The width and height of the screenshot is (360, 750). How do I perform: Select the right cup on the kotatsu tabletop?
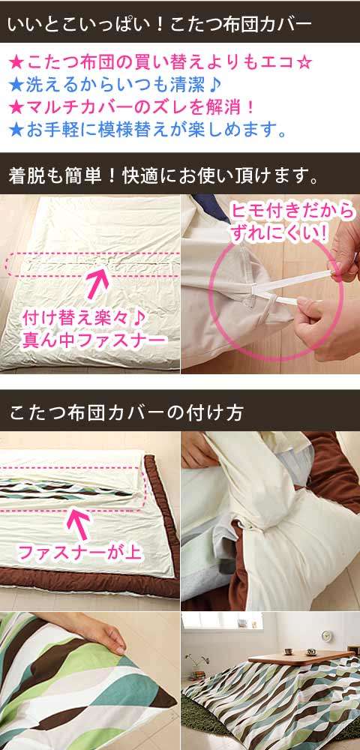tap(310, 652)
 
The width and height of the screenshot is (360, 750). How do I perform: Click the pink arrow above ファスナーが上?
tap(79, 523)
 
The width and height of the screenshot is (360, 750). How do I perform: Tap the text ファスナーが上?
tap(79, 553)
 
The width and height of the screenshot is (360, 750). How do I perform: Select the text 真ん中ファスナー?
tap(94, 340)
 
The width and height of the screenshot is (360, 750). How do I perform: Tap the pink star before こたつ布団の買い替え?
tap(16, 62)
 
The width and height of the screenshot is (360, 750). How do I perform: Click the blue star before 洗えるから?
tap(16, 85)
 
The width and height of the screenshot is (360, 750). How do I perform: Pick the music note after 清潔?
tap(215, 85)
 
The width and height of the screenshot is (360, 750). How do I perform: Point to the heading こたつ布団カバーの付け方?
tap(126, 412)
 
